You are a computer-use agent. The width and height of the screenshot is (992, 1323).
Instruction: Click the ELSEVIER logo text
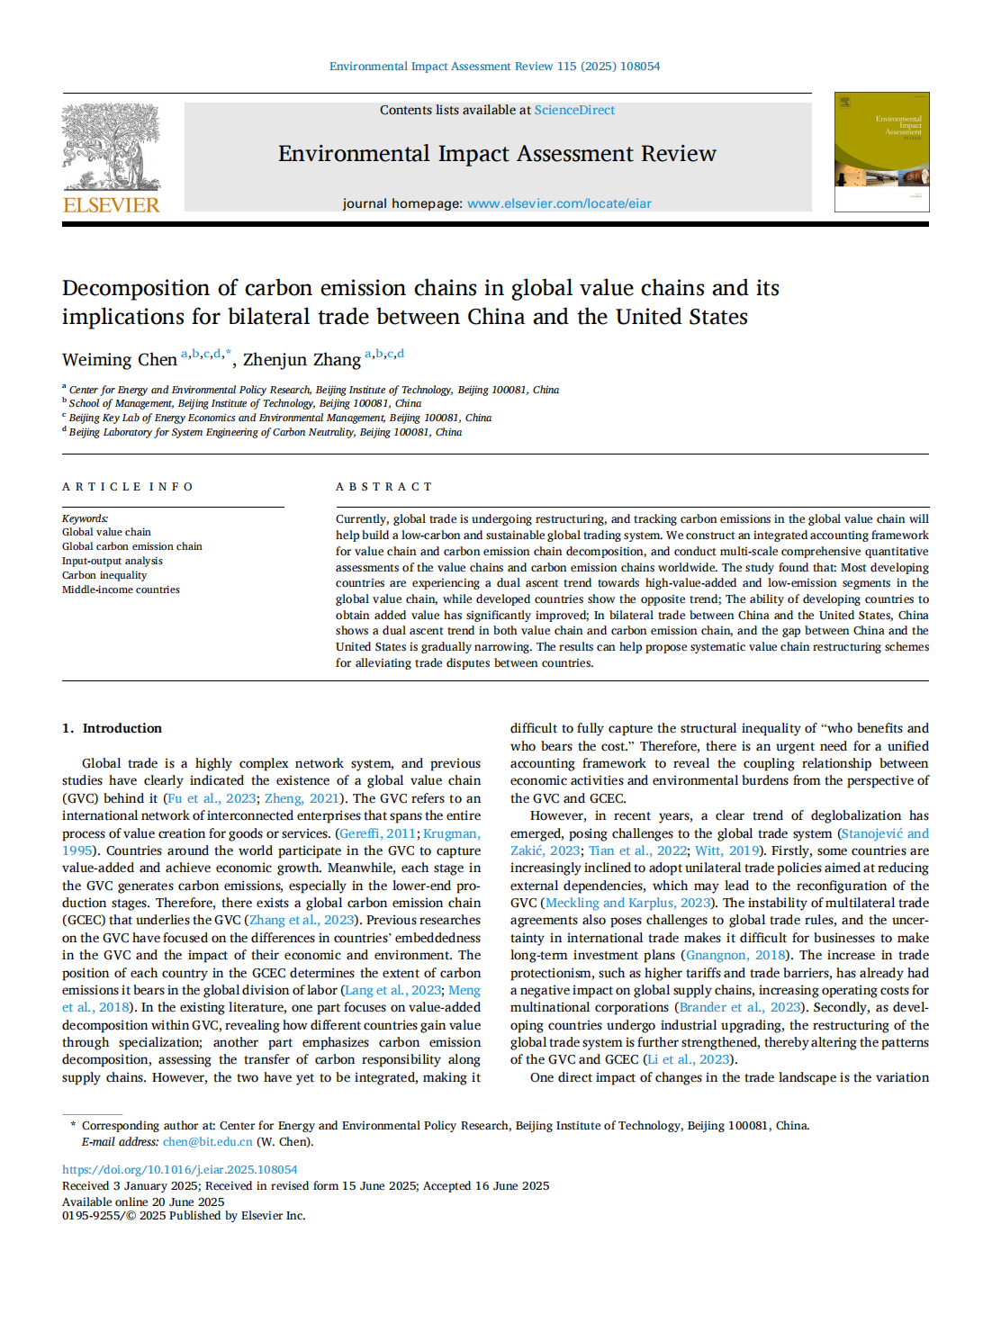(112, 205)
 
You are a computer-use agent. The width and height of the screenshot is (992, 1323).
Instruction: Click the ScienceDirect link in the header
(574, 110)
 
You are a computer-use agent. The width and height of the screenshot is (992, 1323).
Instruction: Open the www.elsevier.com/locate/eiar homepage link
(559, 203)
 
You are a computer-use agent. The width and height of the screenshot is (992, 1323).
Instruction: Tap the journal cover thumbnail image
(881, 152)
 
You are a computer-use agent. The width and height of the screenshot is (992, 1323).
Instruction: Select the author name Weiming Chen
(120, 360)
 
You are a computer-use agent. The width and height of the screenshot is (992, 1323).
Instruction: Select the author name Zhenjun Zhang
(302, 360)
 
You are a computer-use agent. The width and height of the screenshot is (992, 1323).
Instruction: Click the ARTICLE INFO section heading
(128, 487)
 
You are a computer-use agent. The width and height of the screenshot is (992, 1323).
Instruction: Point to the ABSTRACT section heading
(384, 487)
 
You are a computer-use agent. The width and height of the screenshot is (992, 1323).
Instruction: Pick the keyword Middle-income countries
(121, 589)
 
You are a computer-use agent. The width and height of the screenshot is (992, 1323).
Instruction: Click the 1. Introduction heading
(113, 728)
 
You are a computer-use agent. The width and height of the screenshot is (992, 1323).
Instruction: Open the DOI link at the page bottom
(179, 1169)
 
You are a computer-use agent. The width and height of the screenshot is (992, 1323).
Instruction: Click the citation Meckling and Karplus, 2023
(627, 903)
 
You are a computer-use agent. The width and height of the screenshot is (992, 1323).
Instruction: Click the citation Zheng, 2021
(302, 798)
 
